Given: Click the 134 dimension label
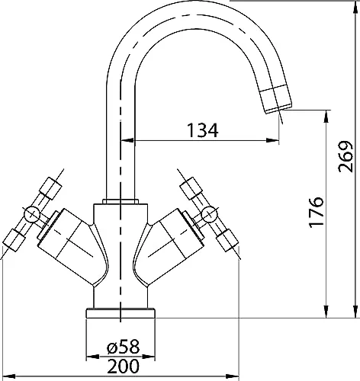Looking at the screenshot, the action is pos(203,130).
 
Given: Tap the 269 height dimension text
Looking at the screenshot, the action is pos(346,156).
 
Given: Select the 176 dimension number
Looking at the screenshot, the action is pos(317,212).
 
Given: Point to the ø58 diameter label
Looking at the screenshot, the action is pos(123,347).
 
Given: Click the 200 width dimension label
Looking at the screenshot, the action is pos(124,366).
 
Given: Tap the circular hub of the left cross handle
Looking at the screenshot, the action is pos(32,215).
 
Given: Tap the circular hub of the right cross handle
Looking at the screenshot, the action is pos(209,215).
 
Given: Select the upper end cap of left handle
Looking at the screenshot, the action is pos(50,188).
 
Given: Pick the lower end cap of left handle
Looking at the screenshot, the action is pos(14,240).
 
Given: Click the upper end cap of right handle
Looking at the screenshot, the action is pos(191,188).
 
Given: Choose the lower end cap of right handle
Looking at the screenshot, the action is pos(227,240).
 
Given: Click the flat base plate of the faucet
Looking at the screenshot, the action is pos(121,313).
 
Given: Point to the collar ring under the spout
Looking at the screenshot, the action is pos(121,201).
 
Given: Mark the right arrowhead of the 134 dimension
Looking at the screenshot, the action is pos(272,140).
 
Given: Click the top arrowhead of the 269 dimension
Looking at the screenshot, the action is pos(355,7).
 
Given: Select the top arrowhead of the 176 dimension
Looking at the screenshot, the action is pos(326,117).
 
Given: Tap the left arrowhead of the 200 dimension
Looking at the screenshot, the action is pos(8,376).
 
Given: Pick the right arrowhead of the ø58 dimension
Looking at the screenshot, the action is pos(149,357).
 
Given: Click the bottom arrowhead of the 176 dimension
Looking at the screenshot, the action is pos(326,312).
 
